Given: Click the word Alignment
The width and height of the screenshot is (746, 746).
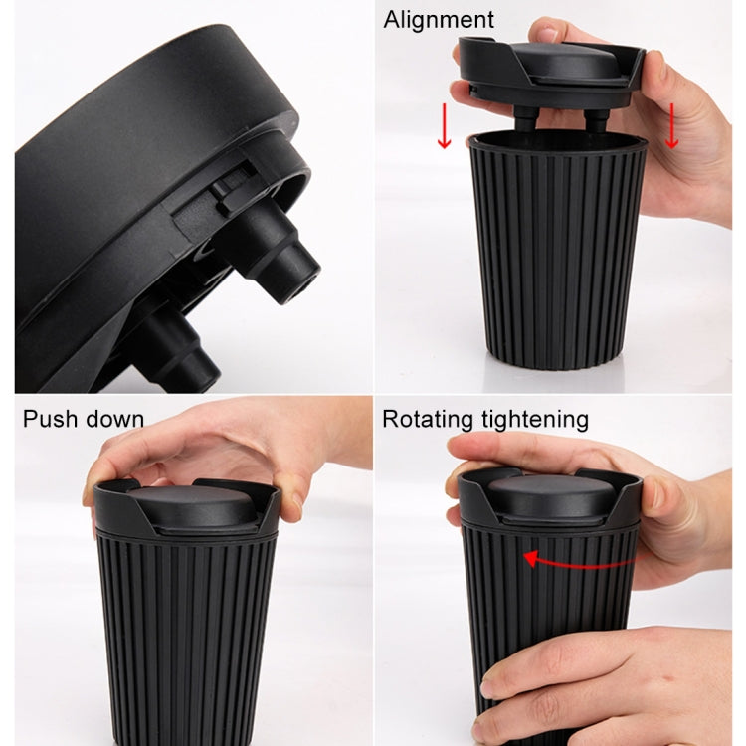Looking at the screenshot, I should [x=439, y=19].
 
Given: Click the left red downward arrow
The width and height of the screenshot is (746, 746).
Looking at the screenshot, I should [x=444, y=127].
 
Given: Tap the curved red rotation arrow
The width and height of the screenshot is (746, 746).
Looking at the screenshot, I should [x=572, y=560].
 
